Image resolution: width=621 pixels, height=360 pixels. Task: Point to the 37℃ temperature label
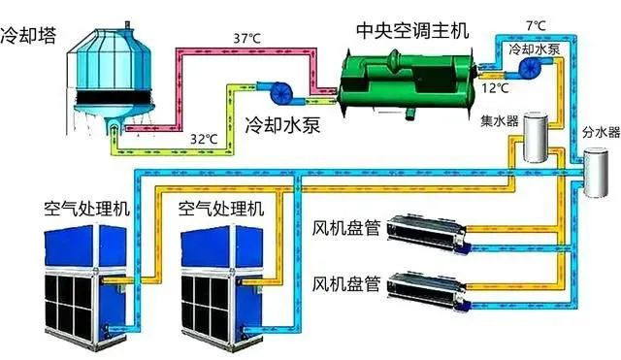(x=247, y=38)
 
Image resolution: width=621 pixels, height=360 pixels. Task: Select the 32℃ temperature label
(x=203, y=139)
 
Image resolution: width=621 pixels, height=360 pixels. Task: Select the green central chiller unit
(x=409, y=77)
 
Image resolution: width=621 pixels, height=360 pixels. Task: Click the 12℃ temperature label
(x=496, y=89)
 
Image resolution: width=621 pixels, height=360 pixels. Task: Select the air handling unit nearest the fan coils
(x=219, y=281)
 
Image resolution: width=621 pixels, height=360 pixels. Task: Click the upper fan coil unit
(x=427, y=231)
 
